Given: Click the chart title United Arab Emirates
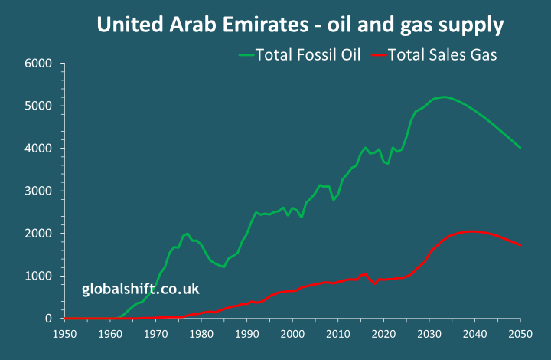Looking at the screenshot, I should coord(300,25).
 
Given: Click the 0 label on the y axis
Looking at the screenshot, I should coord(47,318).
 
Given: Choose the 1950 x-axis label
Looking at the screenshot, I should coord(65,333).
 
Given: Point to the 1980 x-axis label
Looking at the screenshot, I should coord(201,333).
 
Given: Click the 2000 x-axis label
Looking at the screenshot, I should coord(292,333).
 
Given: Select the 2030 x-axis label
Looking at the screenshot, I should coord(429,333).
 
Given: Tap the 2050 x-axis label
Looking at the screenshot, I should coord(520,333).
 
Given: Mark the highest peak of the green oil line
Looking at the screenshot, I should coord(444,97).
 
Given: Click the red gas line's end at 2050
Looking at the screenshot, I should coord(520,245).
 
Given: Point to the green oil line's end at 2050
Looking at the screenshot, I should coord(520,148).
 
